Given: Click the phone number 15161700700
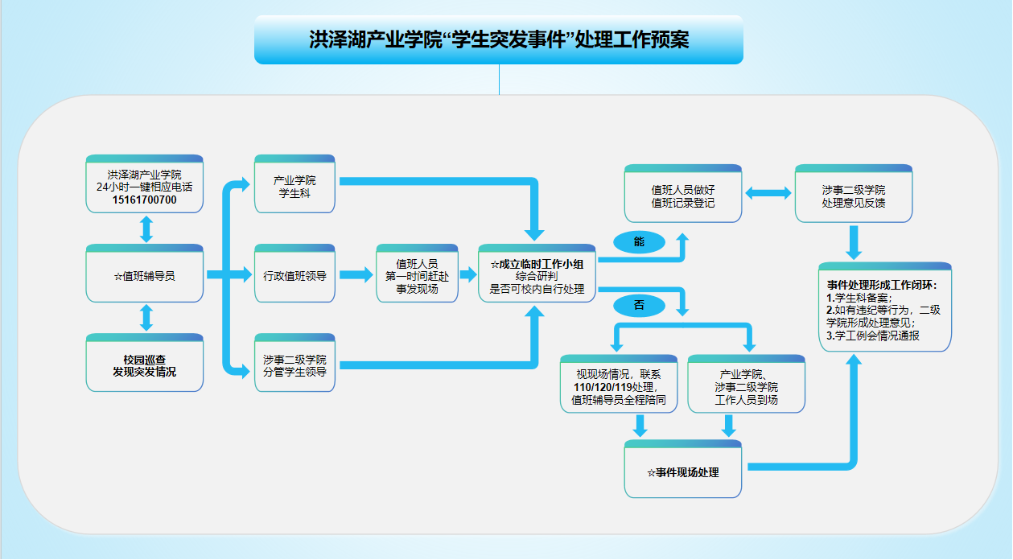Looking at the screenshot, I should coord(145,200).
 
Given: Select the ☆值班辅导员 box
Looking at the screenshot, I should coord(145,275).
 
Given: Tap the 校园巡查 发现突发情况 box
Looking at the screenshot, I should coord(145,365).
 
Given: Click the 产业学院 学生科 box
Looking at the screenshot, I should coord(294,186).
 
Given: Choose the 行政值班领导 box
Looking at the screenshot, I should coord(294,275).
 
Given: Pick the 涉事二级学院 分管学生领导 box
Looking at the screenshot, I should coord(294,365).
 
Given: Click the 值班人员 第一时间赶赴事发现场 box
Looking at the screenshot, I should coord(417,275).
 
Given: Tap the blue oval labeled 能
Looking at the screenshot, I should coord(639,241).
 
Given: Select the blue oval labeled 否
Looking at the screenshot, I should coord(639,306).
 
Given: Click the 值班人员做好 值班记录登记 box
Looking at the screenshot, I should coord(683,196).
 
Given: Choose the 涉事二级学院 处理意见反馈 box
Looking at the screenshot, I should coord(854,196).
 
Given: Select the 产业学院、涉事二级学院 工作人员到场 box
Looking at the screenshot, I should coord(746,387).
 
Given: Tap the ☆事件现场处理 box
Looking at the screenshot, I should coord(683,472).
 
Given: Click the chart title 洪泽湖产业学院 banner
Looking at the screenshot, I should coord(499,40).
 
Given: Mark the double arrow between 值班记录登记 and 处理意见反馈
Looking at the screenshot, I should coord(768,193).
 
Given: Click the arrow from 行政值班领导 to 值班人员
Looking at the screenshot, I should coord(356,275).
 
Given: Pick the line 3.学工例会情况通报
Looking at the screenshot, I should coord(873,336).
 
